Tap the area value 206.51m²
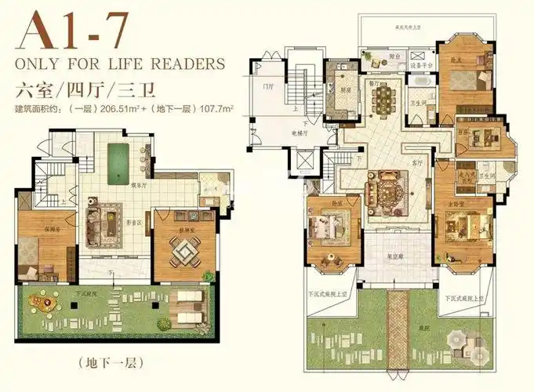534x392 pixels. [118, 109]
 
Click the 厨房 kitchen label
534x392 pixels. [344, 89]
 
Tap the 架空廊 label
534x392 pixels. [397, 255]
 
